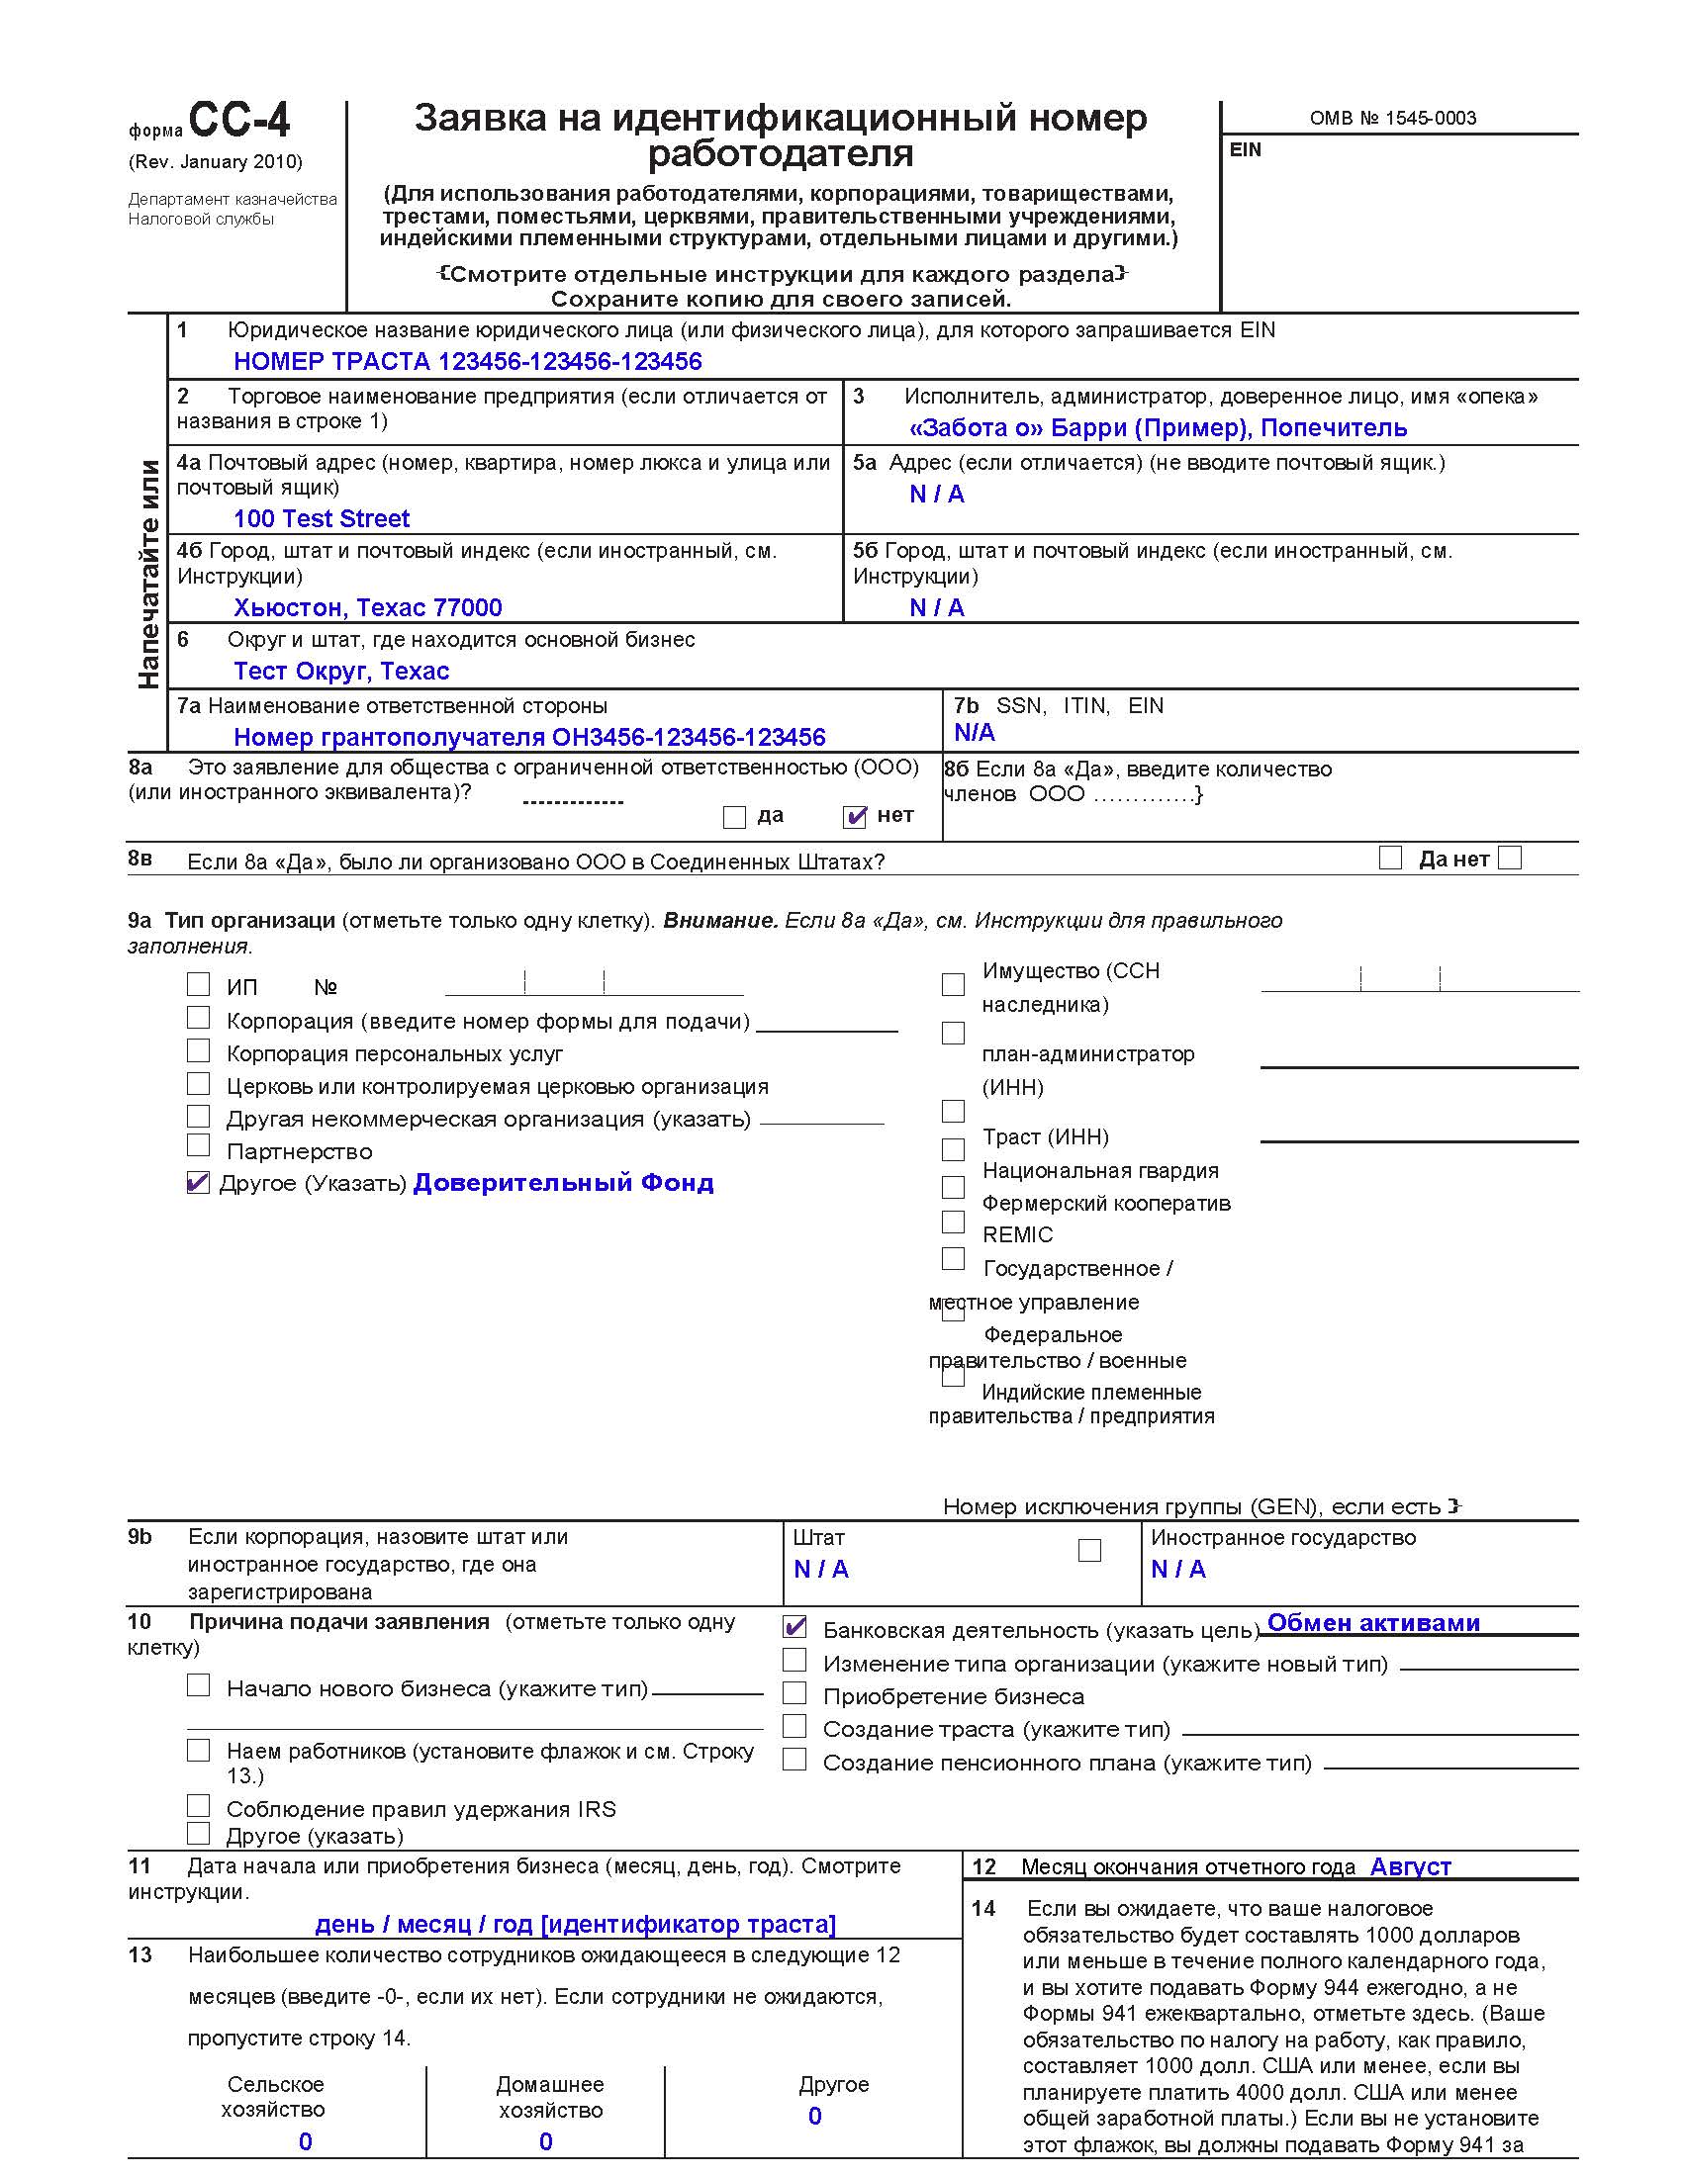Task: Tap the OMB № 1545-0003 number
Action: tap(1392, 118)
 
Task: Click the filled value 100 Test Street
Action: tap(321, 518)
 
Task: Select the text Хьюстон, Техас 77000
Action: tap(367, 607)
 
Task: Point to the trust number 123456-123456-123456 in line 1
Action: tap(570, 361)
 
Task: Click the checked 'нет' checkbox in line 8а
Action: tap(855, 817)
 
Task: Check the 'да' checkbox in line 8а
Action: tap(734, 817)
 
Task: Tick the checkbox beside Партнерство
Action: tap(198, 1145)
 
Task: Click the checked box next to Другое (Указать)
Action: tap(198, 1183)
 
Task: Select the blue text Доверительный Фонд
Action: tap(563, 1183)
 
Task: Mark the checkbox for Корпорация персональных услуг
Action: tap(198, 1051)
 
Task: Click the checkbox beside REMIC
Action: tap(953, 1222)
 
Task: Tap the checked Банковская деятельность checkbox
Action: tap(794, 1627)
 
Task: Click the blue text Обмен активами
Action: tap(1373, 1623)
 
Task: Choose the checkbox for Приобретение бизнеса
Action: tap(794, 1692)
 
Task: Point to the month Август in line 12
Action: tap(1410, 1866)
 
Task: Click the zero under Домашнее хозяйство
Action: tap(545, 2141)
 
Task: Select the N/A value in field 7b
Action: tap(974, 732)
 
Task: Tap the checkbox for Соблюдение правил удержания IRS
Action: tap(198, 1805)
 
